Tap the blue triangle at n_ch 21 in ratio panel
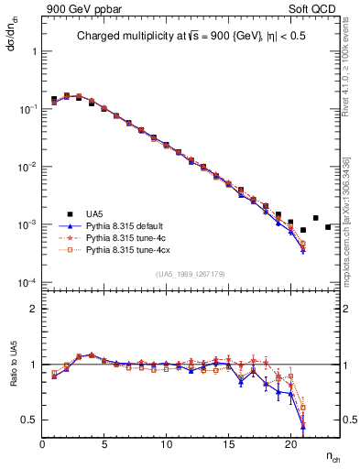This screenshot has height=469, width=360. pos(302,426)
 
